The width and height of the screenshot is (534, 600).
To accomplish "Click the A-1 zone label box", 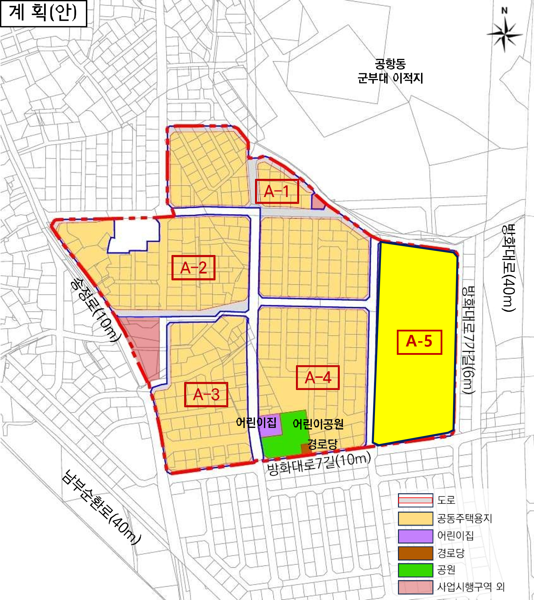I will [x=277, y=191].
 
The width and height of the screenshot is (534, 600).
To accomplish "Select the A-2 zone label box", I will [x=193, y=267].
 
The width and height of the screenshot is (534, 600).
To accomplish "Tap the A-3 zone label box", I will [x=206, y=394].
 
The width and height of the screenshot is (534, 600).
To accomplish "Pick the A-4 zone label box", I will [x=318, y=377].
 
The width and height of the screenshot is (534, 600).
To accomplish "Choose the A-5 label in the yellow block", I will [x=419, y=342].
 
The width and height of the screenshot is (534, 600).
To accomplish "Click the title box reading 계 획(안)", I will [x=44, y=14].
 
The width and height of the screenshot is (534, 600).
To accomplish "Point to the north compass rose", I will [x=505, y=34].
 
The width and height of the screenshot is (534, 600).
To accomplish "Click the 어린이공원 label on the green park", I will [x=318, y=424].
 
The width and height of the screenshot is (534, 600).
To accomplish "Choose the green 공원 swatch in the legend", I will [x=415, y=570].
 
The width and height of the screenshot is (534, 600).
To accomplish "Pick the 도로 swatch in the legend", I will [x=415, y=500].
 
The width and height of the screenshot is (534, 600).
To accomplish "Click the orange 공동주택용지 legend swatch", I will [x=415, y=518].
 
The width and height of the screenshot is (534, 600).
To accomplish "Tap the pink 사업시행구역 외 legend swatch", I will [x=415, y=587].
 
